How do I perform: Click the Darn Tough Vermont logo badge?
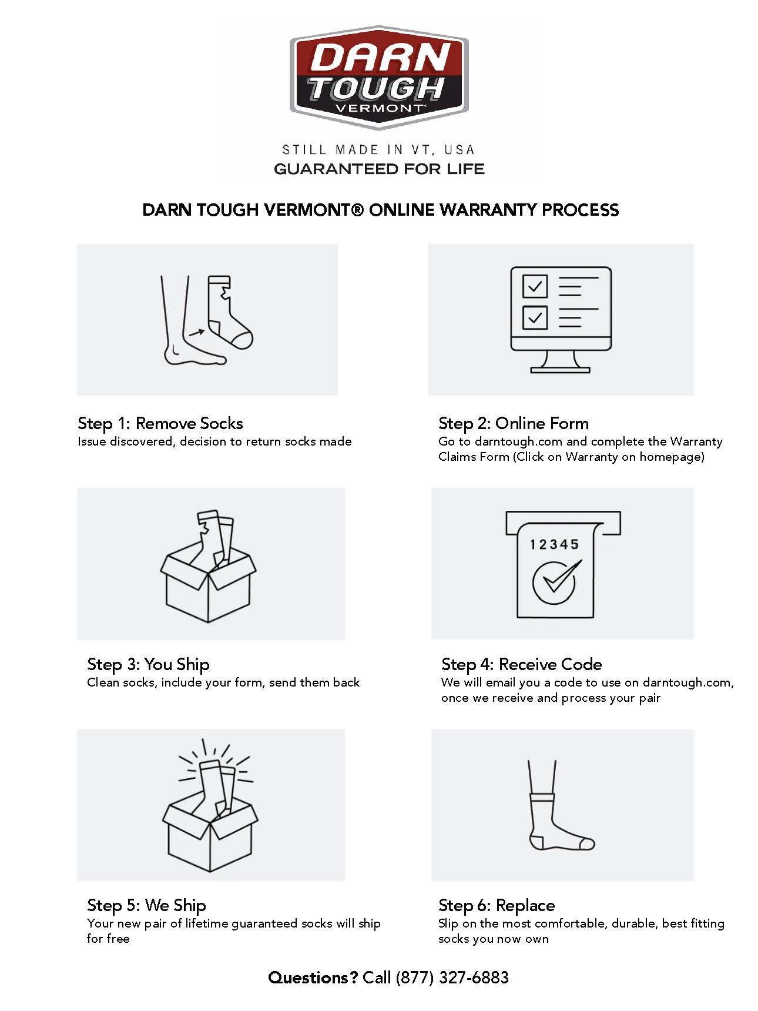[379, 77]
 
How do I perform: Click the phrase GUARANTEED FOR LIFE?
[379, 169]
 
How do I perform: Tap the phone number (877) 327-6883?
[452, 977]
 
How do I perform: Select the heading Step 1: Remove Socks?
[160, 423]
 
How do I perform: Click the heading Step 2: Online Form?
[514, 423]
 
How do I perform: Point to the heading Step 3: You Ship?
[148, 665]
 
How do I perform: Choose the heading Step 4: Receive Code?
[522, 665]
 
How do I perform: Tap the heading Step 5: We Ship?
[146, 906]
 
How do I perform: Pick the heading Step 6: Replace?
[497, 906]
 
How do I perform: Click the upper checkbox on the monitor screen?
[535, 287]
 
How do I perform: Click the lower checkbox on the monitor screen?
[535, 318]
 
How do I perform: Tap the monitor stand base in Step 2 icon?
[560, 370]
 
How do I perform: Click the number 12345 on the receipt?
[554, 545]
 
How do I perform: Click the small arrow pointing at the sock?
[197, 333]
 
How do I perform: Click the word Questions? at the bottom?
[313, 977]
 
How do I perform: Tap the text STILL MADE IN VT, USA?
[378, 150]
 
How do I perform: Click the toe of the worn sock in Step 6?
[587, 844]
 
